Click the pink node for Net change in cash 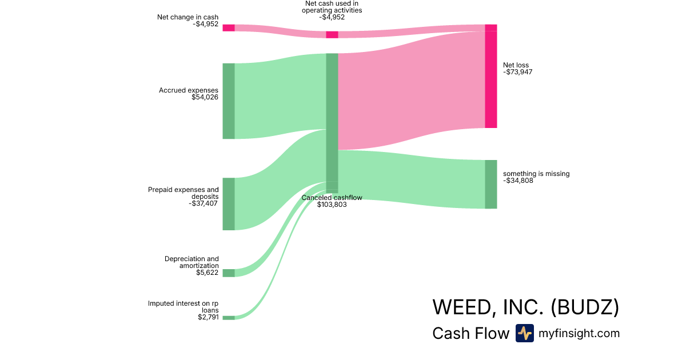pos(228,28)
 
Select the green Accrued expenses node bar pos(228,101)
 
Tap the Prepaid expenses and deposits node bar pos(228,204)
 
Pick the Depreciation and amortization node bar pos(228,273)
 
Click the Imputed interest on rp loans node pos(228,318)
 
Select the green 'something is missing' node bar pos(490,185)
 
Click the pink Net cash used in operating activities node pos(332,35)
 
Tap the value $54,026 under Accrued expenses pos(205,97)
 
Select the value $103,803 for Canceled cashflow pos(332,204)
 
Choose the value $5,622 pos(207,273)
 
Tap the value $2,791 pos(207,317)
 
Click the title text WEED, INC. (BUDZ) pos(525,307)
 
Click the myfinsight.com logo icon pos(524,333)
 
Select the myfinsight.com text pos(579,333)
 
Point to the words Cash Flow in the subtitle pos(470,334)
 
